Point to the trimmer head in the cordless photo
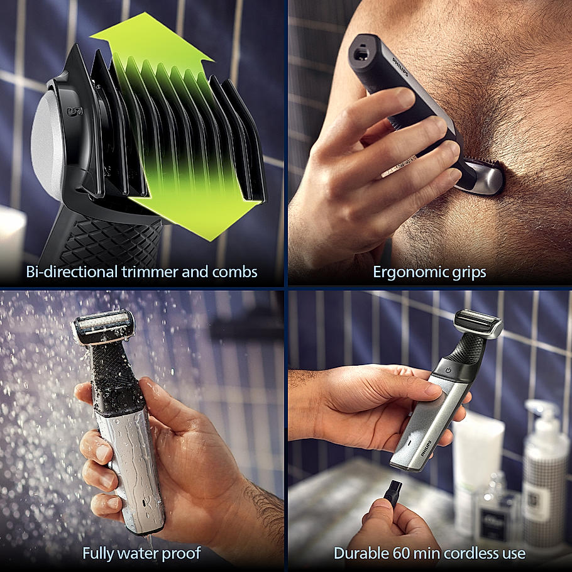tap(480, 322)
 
